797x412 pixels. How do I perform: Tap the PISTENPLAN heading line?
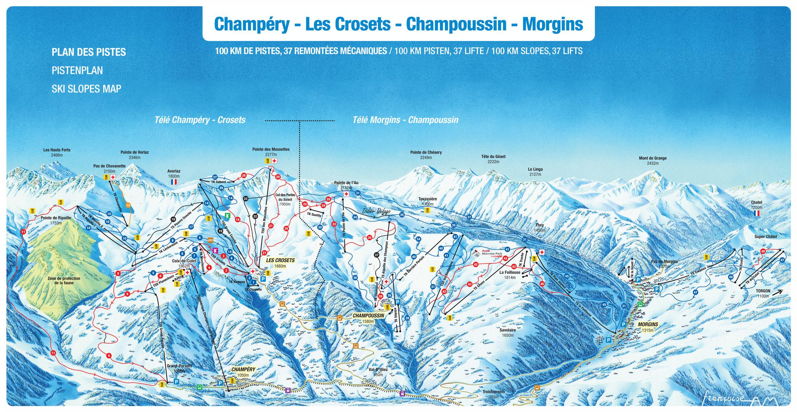tap(77, 70)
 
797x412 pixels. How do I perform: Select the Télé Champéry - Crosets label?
tap(200, 120)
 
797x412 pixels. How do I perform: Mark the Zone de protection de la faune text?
tap(64, 280)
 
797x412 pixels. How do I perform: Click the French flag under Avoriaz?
tap(174, 181)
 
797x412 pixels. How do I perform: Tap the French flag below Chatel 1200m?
tap(756, 214)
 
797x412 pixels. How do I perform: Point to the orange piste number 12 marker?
tap(128, 205)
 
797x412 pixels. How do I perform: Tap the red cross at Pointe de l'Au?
tap(346, 194)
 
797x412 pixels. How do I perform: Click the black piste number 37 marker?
tap(376, 255)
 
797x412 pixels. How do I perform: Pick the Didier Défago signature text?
tap(375, 212)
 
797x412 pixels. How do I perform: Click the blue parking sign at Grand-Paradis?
tap(176, 382)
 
